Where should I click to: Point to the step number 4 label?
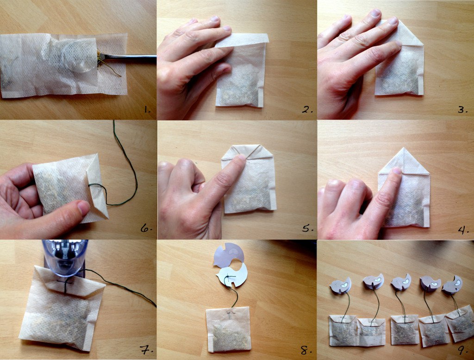pyautogui.click(x=463, y=229)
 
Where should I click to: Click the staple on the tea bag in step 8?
pyautogui.click(x=231, y=313)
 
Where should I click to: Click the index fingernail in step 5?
pyautogui.click(x=240, y=158)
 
